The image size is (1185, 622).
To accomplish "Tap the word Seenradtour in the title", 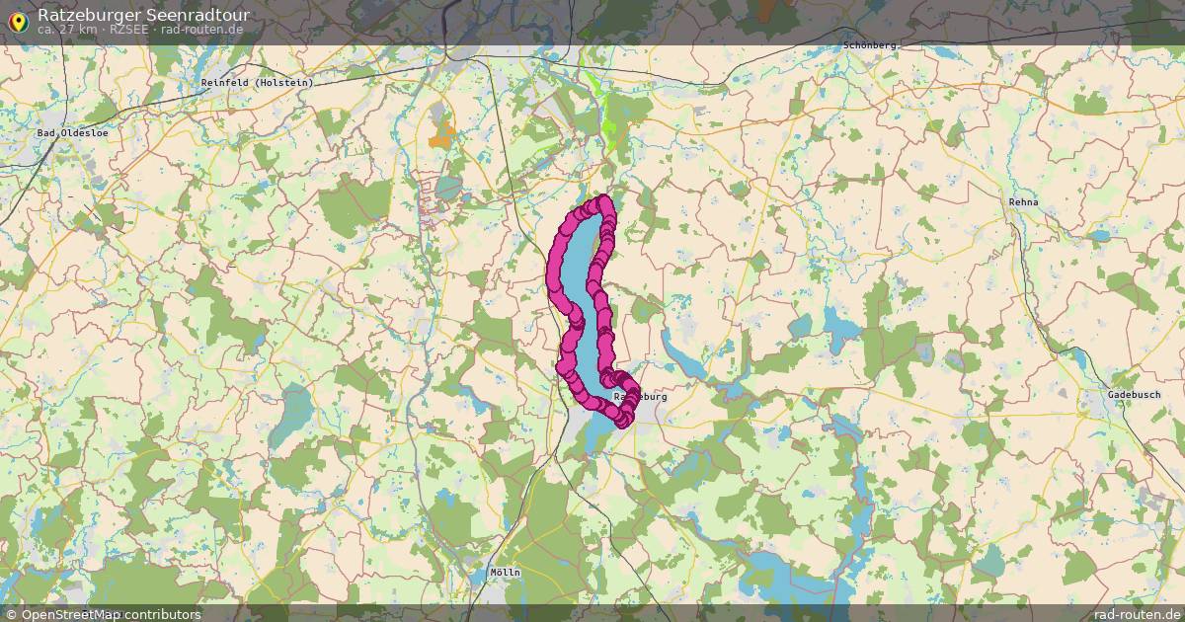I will tap(197, 15).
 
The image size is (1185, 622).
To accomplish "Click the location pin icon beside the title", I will tap(17, 20).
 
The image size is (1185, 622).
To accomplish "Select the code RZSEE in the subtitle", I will tap(130, 30).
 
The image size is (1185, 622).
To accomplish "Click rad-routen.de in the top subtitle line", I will tap(201, 30).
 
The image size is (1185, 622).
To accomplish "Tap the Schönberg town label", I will tap(870, 45).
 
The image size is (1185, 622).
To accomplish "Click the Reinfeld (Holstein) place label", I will tap(257, 83).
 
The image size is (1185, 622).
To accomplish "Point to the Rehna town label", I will tap(1024, 202).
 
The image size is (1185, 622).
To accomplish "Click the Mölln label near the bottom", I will tap(505, 573).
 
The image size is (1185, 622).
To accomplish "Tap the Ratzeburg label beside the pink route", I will tap(642, 397).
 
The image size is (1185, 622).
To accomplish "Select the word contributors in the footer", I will tap(163, 615).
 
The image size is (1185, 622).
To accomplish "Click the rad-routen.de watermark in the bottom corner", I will tap(1138, 614).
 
